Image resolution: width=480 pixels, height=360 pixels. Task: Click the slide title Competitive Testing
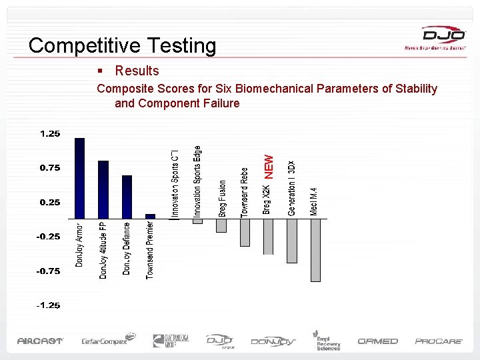tap(123, 45)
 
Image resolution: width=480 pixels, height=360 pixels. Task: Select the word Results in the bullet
tap(137, 71)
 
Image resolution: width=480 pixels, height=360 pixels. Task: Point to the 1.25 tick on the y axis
tap(50, 133)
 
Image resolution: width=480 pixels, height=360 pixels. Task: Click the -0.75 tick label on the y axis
tap(49, 271)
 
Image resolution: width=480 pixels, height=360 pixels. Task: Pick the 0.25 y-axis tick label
tap(50, 202)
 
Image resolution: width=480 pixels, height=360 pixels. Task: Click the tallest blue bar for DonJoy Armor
tap(79, 178)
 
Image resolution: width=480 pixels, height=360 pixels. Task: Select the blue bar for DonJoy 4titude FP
tap(103, 189)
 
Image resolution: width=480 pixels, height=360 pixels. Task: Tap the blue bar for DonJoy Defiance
tap(127, 197)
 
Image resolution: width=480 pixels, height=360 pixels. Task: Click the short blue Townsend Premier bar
tap(150, 216)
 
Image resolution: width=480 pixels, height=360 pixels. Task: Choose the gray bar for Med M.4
tap(315, 250)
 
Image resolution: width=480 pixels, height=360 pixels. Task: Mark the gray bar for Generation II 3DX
tap(291, 241)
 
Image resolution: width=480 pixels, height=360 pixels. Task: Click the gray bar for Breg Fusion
tap(221, 225)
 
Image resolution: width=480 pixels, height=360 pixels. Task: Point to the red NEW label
tap(269, 166)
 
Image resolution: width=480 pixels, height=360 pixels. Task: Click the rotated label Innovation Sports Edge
tap(197, 181)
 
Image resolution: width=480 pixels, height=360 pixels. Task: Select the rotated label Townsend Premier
tap(150, 250)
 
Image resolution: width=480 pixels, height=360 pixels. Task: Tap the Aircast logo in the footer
tap(40, 341)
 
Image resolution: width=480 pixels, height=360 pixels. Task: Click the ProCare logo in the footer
tap(439, 341)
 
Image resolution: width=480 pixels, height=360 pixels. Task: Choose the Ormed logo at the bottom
tap(377, 341)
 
